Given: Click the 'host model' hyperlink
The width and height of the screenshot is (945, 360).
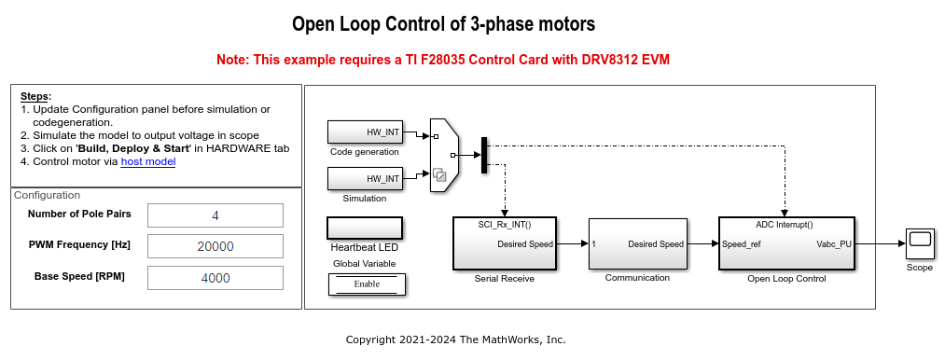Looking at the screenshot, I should (147, 161).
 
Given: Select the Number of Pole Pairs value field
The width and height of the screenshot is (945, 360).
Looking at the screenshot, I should (215, 215).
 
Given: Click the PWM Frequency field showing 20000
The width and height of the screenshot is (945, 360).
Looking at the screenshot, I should (215, 246).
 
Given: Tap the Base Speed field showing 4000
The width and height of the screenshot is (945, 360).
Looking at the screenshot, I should (215, 277).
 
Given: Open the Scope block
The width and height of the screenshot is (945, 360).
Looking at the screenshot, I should (920, 244).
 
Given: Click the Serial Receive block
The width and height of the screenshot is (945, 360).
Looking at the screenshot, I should (504, 243).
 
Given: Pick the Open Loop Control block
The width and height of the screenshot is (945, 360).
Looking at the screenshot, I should (785, 243).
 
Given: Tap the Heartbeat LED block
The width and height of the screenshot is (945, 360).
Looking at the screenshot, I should (365, 228).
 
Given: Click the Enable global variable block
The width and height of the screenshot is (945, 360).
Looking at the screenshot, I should (365, 284).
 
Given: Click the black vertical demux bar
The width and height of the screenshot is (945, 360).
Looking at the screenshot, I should (483, 155).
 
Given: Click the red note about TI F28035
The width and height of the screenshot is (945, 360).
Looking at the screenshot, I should (443, 60).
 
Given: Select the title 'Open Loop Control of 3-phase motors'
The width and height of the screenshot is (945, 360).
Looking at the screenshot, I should (443, 23).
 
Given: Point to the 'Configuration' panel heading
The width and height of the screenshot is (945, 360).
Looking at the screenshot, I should (47, 195).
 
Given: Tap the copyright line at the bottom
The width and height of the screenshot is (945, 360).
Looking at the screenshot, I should (455, 339).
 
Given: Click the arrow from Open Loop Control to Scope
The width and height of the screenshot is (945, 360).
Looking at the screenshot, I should (878, 244).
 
